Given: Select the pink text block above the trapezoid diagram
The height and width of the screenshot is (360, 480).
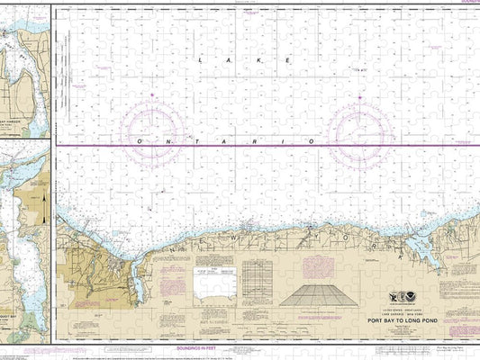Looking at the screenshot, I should [315, 267].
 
